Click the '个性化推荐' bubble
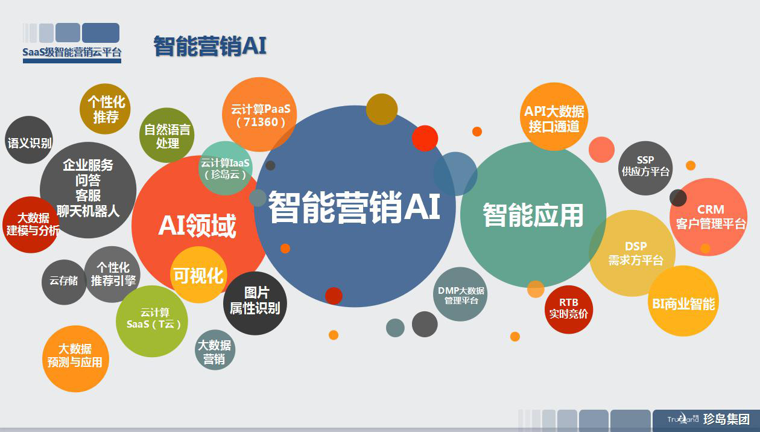tap(105, 109)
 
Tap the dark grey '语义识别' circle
tap(29, 140)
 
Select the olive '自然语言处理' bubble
tap(167, 135)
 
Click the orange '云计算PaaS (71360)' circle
tap(259, 115)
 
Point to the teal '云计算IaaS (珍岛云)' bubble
tap(226, 168)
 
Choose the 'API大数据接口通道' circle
tap(554, 116)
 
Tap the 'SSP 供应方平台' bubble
tap(645, 168)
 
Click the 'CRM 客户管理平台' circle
tap(708, 217)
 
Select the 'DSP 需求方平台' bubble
tap(632, 253)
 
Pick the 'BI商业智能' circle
tap(683, 301)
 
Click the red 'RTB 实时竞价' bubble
tap(569, 310)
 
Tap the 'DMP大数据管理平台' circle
tap(460, 294)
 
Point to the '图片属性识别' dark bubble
tap(255, 303)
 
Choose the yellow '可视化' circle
tap(199, 275)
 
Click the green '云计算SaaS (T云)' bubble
tap(152, 322)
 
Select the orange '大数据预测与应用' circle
tap(75, 359)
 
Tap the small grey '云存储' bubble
tap(64, 282)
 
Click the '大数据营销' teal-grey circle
tap(215, 350)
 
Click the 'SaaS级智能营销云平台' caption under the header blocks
tap(72, 52)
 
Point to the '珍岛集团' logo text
tap(726, 419)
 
